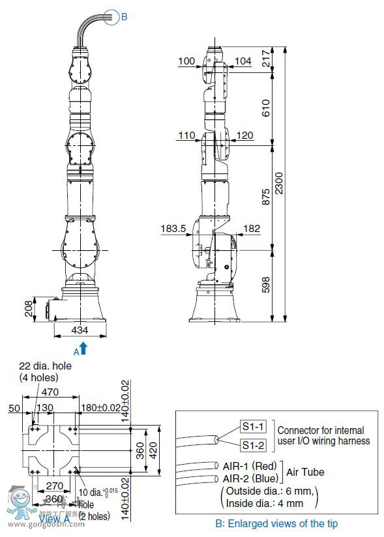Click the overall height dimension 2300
279,184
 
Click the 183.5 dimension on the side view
173,229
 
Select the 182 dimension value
252,229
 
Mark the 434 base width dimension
80,330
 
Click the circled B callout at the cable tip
124,17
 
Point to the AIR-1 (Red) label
246,465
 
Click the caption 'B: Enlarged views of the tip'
276,523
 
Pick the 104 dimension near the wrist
243,61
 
